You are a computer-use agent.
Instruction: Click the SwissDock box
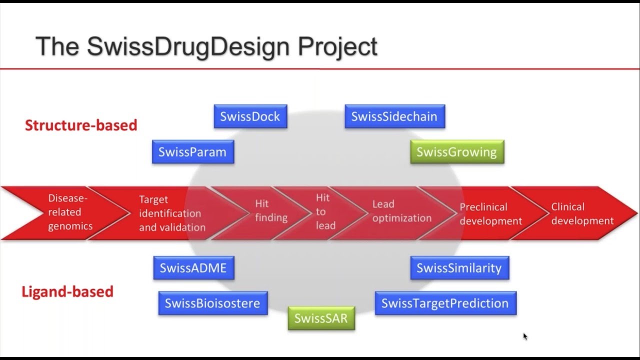click(x=250, y=116)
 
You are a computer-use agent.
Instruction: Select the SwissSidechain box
click(x=394, y=116)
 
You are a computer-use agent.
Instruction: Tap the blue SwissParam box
click(x=193, y=152)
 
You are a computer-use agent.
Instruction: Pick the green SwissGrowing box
click(x=457, y=152)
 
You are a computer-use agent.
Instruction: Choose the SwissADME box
click(x=193, y=268)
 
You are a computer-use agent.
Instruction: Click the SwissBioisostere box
click(x=213, y=303)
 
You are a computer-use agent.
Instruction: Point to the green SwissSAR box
click(x=321, y=318)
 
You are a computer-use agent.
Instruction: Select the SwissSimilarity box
click(x=459, y=268)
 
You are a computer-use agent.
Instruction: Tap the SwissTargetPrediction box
click(x=445, y=303)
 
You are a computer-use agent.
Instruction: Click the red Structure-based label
click(x=81, y=125)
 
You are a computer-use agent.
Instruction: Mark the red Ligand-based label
click(x=67, y=291)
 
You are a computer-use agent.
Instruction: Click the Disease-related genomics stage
click(x=70, y=212)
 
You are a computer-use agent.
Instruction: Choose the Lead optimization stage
click(x=401, y=211)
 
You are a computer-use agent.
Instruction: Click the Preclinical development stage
click(x=490, y=214)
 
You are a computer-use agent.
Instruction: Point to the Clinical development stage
click(x=582, y=214)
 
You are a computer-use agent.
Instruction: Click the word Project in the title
click(x=337, y=47)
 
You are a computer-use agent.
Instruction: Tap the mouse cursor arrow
click(x=525, y=336)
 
